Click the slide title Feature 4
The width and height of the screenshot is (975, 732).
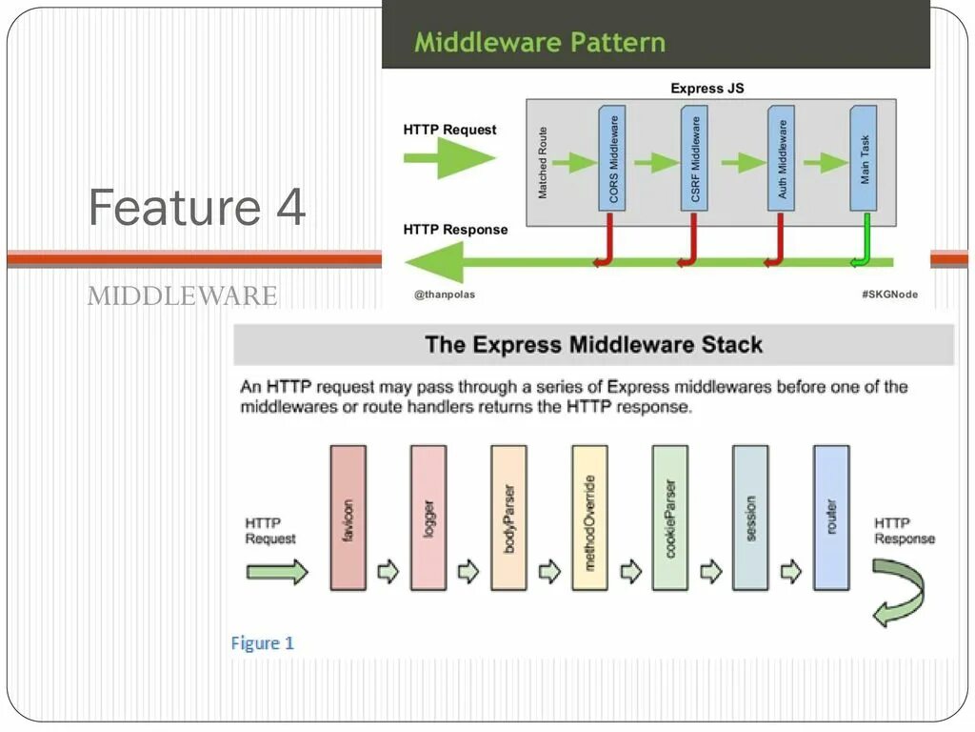coord(197,207)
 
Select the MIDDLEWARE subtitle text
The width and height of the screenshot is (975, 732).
coord(182,296)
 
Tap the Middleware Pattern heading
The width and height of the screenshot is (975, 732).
coord(539,42)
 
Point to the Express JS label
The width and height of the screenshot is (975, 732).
coord(706,89)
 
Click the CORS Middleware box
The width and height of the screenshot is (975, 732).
coord(613,158)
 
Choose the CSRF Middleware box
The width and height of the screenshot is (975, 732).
coord(695,158)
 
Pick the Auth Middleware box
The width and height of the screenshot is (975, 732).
coord(782,158)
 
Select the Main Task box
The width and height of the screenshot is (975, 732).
coord(864,158)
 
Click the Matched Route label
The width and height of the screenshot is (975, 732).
coord(543,162)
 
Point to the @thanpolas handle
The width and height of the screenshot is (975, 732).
coord(444,295)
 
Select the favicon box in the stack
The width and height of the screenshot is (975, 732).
coord(348,518)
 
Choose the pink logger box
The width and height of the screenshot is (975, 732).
coord(428,518)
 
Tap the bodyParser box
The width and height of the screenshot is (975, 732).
coord(508,518)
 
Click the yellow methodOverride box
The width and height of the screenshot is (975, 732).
coord(589,518)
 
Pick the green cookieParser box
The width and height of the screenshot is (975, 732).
coord(670,518)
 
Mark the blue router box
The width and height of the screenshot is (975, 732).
coord(831,518)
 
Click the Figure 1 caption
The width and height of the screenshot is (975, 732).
coord(263,643)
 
